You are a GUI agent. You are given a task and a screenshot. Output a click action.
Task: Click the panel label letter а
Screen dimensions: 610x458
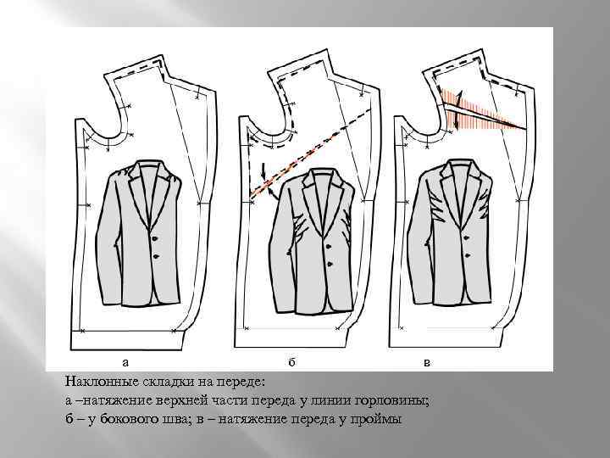click(125, 363)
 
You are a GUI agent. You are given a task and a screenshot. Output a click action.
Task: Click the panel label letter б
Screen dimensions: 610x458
click(292, 362)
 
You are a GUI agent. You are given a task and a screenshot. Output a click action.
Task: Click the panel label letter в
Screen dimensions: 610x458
click(427, 363)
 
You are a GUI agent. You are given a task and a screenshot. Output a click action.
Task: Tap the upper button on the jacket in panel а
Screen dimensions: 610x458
click(156, 238)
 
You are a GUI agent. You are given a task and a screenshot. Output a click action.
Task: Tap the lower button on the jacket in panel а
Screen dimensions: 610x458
click(157, 256)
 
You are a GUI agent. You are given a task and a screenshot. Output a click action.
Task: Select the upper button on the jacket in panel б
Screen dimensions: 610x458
click(328, 247)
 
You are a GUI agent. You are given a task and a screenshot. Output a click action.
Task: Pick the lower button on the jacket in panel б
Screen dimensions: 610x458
click(330, 265)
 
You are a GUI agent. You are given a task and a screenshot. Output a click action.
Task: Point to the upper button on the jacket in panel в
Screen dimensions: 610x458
click(466, 238)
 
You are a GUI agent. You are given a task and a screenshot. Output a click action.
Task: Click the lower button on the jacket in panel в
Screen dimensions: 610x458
click(467, 256)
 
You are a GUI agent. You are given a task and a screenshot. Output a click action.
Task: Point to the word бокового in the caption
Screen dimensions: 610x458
click(127, 419)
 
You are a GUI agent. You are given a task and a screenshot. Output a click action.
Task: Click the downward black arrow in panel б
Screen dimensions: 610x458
click(263, 171)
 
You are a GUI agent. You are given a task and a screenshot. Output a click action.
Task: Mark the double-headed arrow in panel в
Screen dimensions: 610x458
click(458, 109)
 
